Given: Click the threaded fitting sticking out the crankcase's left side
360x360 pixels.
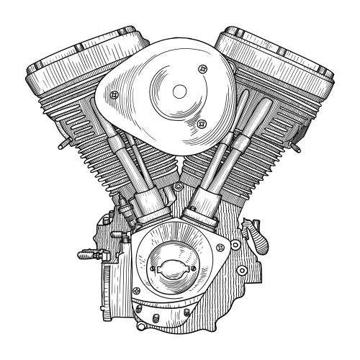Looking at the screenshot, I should click(84, 253).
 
